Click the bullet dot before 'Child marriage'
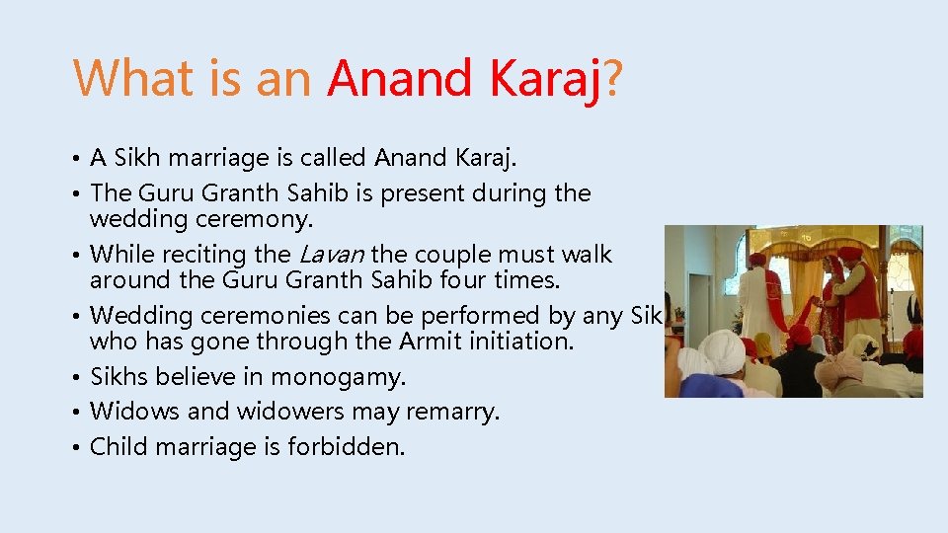(x=77, y=448)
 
